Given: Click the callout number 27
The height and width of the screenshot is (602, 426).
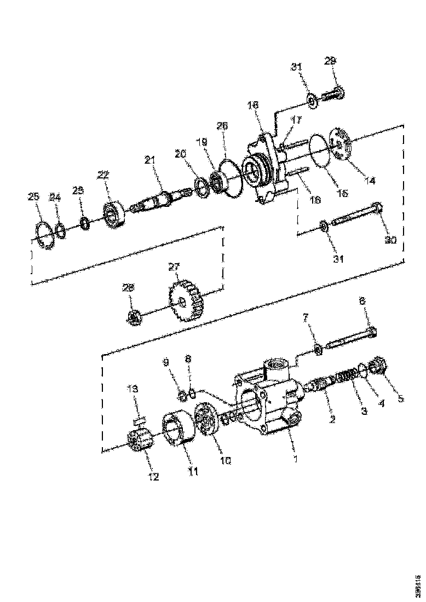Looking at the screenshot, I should tap(174, 267).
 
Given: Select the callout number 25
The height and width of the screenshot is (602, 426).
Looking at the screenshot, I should tap(34, 196).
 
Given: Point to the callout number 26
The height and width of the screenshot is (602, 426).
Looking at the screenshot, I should tap(221, 126).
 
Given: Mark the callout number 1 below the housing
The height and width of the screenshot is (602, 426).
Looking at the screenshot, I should tap(296, 459).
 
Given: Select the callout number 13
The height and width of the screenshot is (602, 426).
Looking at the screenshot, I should tap(133, 389).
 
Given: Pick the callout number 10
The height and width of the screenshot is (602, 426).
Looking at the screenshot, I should tap(226, 461).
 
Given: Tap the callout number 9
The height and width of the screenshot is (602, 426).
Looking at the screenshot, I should tap(166, 362).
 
